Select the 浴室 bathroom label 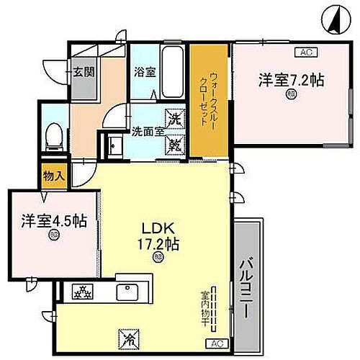pyautogui.click(x=144, y=72)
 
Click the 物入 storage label pyautogui.click(x=53, y=176)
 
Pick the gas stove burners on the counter pyautogui.click(x=82, y=292)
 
